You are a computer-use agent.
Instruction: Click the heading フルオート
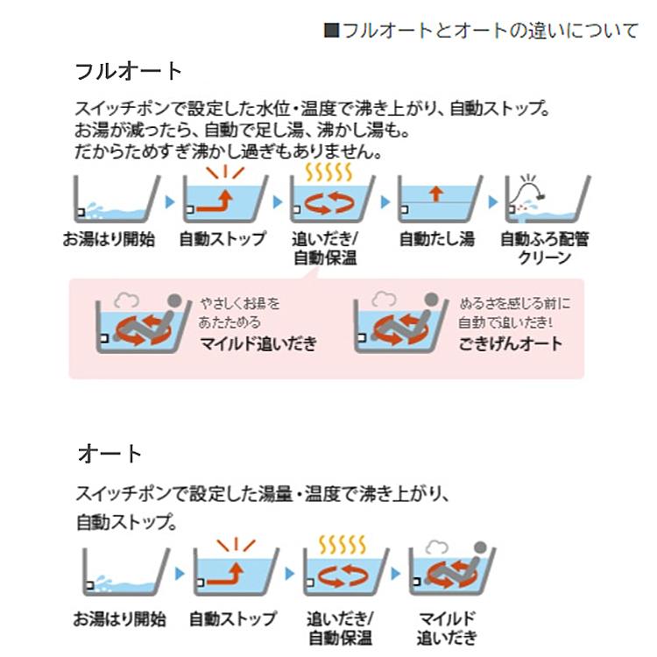pos(129,71)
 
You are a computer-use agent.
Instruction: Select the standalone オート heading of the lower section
pos(110,454)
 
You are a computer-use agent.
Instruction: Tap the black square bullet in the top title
pos(331,31)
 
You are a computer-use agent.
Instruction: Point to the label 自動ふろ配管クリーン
pos(544,248)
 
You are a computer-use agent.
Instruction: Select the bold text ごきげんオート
pos(511,343)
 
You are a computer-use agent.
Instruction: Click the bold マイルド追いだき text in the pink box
pos(258,343)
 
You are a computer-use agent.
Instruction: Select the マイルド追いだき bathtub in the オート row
pos(452,569)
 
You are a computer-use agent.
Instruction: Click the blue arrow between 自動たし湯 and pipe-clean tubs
pos(493,202)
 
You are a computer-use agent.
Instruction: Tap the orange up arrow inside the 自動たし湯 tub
pos(437,193)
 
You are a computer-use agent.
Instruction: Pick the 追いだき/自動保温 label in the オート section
pos(341,628)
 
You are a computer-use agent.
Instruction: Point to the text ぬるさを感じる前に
pos(514,304)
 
